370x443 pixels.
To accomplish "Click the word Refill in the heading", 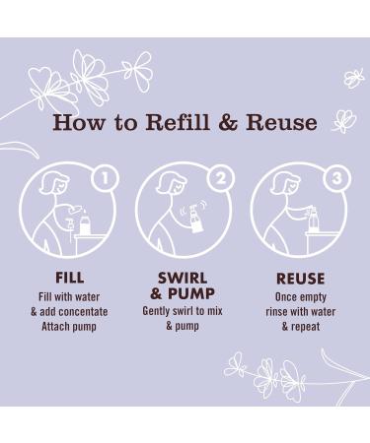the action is point(178,122).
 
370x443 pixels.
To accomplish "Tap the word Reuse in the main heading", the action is point(281,122).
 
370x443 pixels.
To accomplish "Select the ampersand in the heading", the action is point(228,122).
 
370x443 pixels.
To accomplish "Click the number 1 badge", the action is point(105,178).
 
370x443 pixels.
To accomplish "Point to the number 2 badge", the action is point(221,178).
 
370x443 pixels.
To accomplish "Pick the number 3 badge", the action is point(336,178).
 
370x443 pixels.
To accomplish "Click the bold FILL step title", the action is point(69,278).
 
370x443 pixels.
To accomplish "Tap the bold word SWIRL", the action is point(183,279).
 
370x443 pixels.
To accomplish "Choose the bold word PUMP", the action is point(191,293).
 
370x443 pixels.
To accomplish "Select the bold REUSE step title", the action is point(300,279).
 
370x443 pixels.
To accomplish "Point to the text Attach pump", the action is point(69,327).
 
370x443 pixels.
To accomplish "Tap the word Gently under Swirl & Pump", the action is point(156,311).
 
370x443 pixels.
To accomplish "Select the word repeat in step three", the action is point(305,327).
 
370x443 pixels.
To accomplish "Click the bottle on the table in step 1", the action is point(85,223).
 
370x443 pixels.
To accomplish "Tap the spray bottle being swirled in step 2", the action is point(195,220).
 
